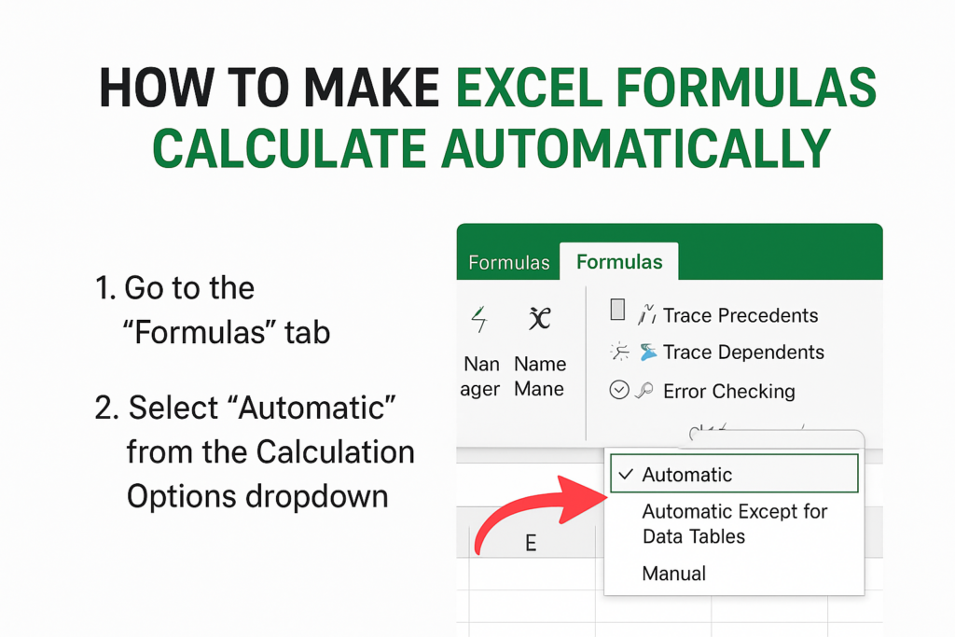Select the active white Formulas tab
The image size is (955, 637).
point(619,262)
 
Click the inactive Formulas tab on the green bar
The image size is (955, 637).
point(508,263)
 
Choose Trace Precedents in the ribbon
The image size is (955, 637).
point(740,315)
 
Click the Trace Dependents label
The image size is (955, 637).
point(743,353)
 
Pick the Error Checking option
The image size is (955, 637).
point(728,392)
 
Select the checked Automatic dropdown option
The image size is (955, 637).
point(687,475)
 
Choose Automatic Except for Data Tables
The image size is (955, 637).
point(734,523)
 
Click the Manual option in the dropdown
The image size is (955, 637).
point(673,574)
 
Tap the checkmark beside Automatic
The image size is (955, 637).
point(625,475)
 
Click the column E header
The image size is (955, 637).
point(530,543)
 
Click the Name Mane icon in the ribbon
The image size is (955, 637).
point(538,320)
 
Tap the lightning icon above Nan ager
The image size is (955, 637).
point(480,320)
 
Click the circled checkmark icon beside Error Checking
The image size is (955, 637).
point(619,391)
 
